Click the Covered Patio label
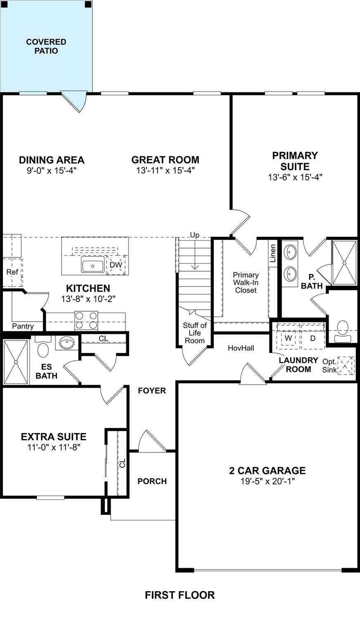(x=46, y=46)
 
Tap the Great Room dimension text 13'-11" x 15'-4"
(x=166, y=170)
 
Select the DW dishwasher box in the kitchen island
(x=116, y=265)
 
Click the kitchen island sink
(x=92, y=264)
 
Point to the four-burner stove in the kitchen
(x=86, y=320)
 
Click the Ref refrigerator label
(x=12, y=272)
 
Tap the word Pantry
(x=23, y=326)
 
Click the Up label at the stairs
(x=195, y=235)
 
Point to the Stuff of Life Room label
(x=195, y=333)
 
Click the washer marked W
(x=289, y=338)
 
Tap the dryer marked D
(x=313, y=338)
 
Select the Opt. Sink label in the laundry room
(x=329, y=365)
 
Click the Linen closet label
(x=273, y=253)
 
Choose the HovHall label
(x=241, y=348)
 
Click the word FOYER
(x=152, y=390)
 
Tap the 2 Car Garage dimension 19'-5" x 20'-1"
(x=268, y=481)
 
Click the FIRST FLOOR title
(x=180, y=595)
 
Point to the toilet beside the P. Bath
(x=342, y=331)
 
